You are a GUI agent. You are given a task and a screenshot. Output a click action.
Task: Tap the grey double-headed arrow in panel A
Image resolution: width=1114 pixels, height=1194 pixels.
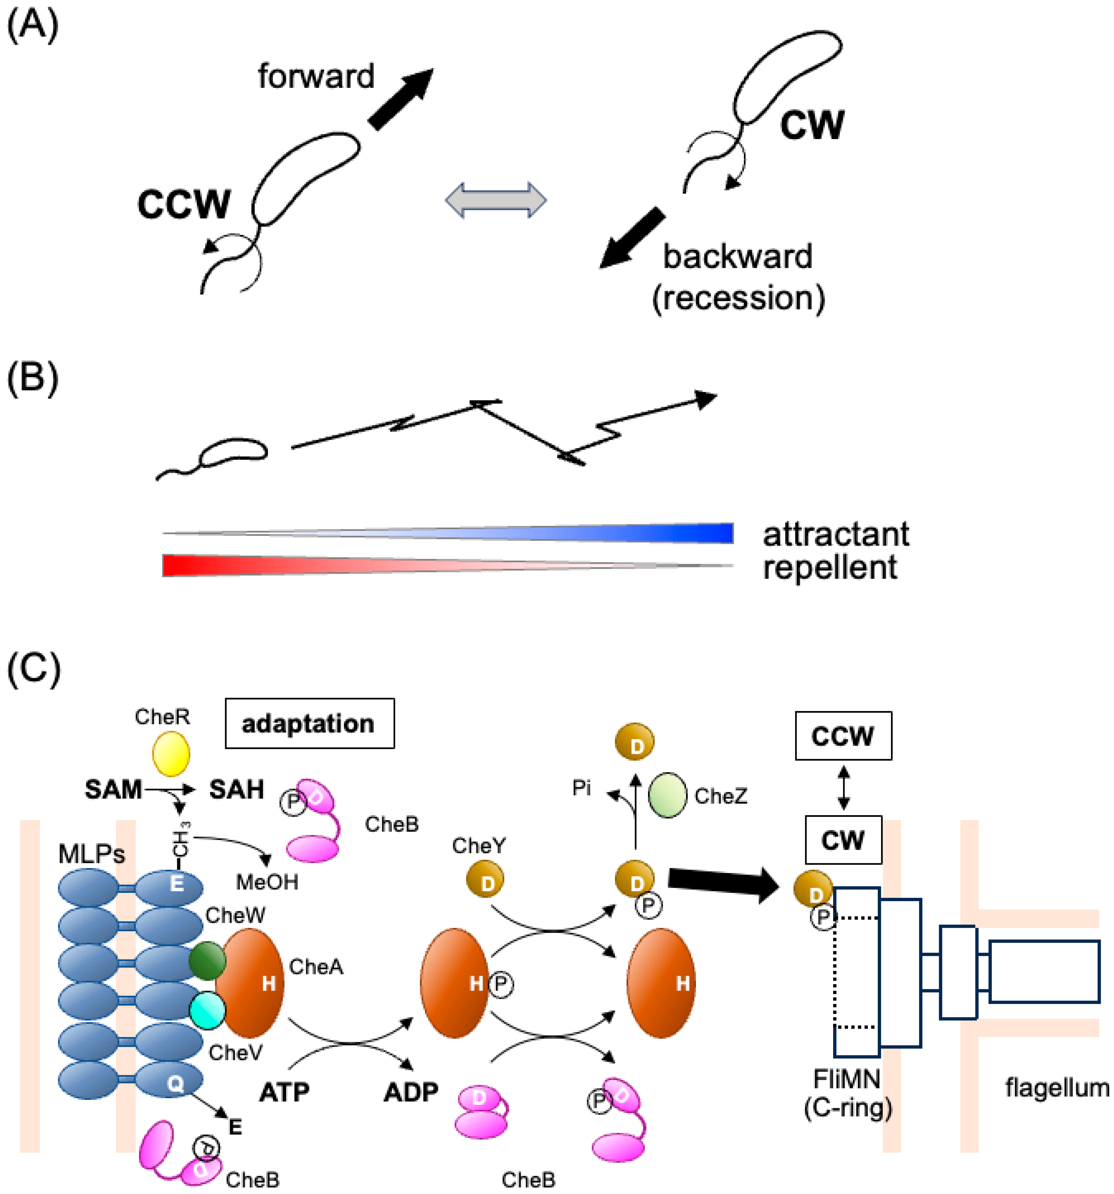pos(495,200)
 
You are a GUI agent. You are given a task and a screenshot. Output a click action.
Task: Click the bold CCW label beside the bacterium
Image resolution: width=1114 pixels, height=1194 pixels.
pos(184,204)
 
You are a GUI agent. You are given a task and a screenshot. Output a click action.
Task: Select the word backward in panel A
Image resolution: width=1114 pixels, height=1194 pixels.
pos(737,257)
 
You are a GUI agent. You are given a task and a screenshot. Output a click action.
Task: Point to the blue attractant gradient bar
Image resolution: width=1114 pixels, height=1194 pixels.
pos(540,533)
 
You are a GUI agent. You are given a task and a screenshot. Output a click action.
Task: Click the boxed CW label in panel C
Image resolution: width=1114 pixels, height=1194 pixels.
pos(843,840)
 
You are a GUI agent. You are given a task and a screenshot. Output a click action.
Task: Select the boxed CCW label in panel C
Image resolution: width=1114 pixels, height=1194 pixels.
pos(843,736)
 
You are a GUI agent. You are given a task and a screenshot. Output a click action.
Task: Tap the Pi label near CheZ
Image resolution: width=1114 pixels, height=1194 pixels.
pos(581,788)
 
